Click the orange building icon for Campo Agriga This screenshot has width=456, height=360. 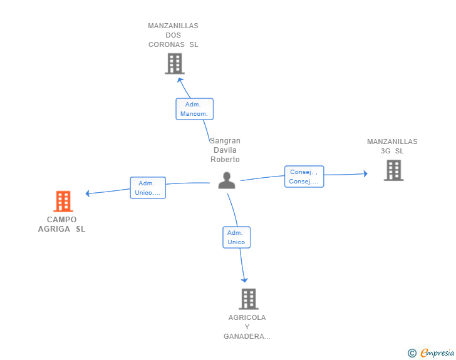click(63, 202)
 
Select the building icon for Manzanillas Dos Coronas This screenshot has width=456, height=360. click(174, 63)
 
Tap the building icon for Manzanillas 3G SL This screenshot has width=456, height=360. click(393, 170)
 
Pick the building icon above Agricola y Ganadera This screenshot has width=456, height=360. click(249, 299)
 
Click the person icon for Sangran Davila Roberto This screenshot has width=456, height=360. click(227, 180)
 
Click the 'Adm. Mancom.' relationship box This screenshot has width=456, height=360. click(194, 109)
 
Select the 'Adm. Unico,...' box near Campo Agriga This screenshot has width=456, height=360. click(148, 188)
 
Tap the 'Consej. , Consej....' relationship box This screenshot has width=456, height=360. click(304, 177)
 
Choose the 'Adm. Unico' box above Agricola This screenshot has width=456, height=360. click(236, 237)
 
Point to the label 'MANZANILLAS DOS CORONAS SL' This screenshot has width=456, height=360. click(173, 35)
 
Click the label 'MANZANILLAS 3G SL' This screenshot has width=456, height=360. click(392, 146)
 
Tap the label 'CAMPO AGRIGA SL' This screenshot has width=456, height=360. click(61, 224)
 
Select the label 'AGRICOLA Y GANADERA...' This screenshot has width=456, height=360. click(247, 327)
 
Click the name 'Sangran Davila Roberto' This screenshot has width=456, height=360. click(225, 150)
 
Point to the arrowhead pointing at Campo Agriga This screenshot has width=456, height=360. click(88, 193)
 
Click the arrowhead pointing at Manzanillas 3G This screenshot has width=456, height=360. click(365, 173)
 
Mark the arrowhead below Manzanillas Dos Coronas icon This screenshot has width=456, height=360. click(180, 79)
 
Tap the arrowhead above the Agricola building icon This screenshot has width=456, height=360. click(244, 279)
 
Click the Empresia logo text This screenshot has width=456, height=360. click(437, 353)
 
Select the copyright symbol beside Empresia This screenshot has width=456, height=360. click(412, 353)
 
